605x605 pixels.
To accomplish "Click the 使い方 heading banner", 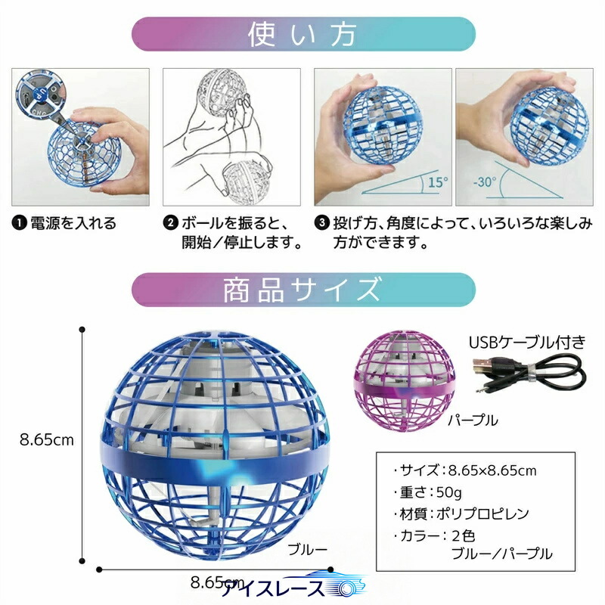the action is pos(303,34).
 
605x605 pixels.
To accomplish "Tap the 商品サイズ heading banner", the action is pos(303,290).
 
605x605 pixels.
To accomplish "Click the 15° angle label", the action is pos(438,182).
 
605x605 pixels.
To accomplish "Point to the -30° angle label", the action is pos(485,181).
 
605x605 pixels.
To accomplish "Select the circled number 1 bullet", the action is pos(19,223).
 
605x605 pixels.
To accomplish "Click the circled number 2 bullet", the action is pos(170,223).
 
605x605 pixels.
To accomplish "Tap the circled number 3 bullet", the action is pos(321,223).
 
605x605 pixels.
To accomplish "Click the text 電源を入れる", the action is pos(73,223).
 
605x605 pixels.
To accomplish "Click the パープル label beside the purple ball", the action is pos(473,420).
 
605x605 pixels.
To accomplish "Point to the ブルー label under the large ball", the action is pos(308,549).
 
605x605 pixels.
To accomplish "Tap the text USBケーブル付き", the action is pos(527,343).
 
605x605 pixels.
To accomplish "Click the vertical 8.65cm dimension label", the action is pos(47,440).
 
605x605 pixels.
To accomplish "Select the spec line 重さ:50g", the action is pos(427,492).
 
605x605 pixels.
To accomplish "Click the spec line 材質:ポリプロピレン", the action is pos(461,513).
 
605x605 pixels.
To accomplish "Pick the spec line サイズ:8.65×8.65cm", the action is pos(465,470).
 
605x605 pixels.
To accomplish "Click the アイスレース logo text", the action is pos(273,589).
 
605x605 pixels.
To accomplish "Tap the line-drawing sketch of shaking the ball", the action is pos(231,137).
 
